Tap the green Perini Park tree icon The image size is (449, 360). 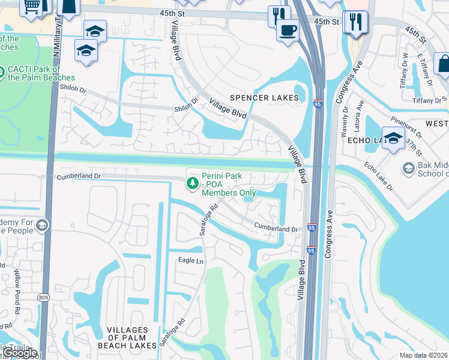pyautogui.click(x=193, y=183)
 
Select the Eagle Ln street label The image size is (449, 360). pyautogui.click(x=190, y=260)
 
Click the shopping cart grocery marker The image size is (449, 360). pyautogui.click(x=31, y=6)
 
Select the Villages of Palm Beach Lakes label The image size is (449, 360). pyautogui.click(x=127, y=338)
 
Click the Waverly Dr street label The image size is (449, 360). pyautogui.click(x=345, y=121)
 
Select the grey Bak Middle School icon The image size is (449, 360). pyautogui.click(x=408, y=169)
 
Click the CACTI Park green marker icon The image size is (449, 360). pyautogui.click(x=2, y=71)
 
